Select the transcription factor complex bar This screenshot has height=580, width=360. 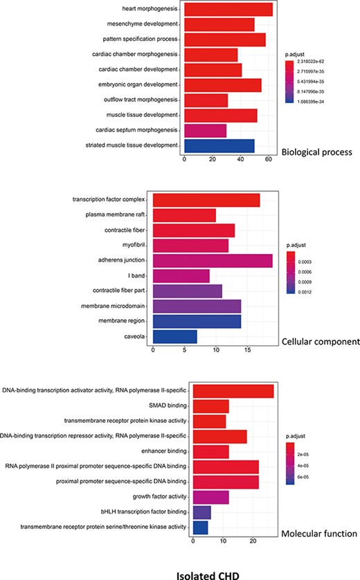click(x=206, y=200)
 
